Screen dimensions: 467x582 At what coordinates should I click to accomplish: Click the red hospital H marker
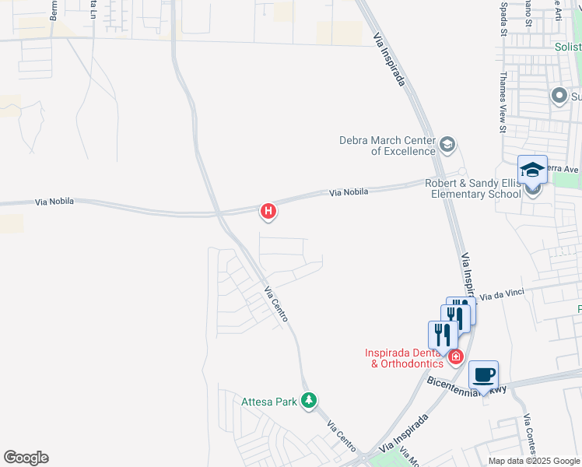tap(268, 210)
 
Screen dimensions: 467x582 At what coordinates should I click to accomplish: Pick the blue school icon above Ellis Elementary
tap(533, 170)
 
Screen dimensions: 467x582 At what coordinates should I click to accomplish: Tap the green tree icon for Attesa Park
tap(310, 401)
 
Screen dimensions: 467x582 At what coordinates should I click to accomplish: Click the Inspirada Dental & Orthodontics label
tap(404, 357)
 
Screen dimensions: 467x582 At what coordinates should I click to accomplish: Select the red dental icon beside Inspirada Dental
tap(456, 357)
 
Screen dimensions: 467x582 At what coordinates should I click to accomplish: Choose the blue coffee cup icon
tap(483, 374)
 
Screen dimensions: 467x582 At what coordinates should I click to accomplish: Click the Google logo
tap(26, 458)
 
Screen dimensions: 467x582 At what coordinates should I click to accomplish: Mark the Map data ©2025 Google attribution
tap(533, 461)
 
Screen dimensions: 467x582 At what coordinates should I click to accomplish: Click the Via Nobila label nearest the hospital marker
tap(348, 191)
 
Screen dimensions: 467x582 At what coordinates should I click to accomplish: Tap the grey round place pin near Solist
tap(559, 96)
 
